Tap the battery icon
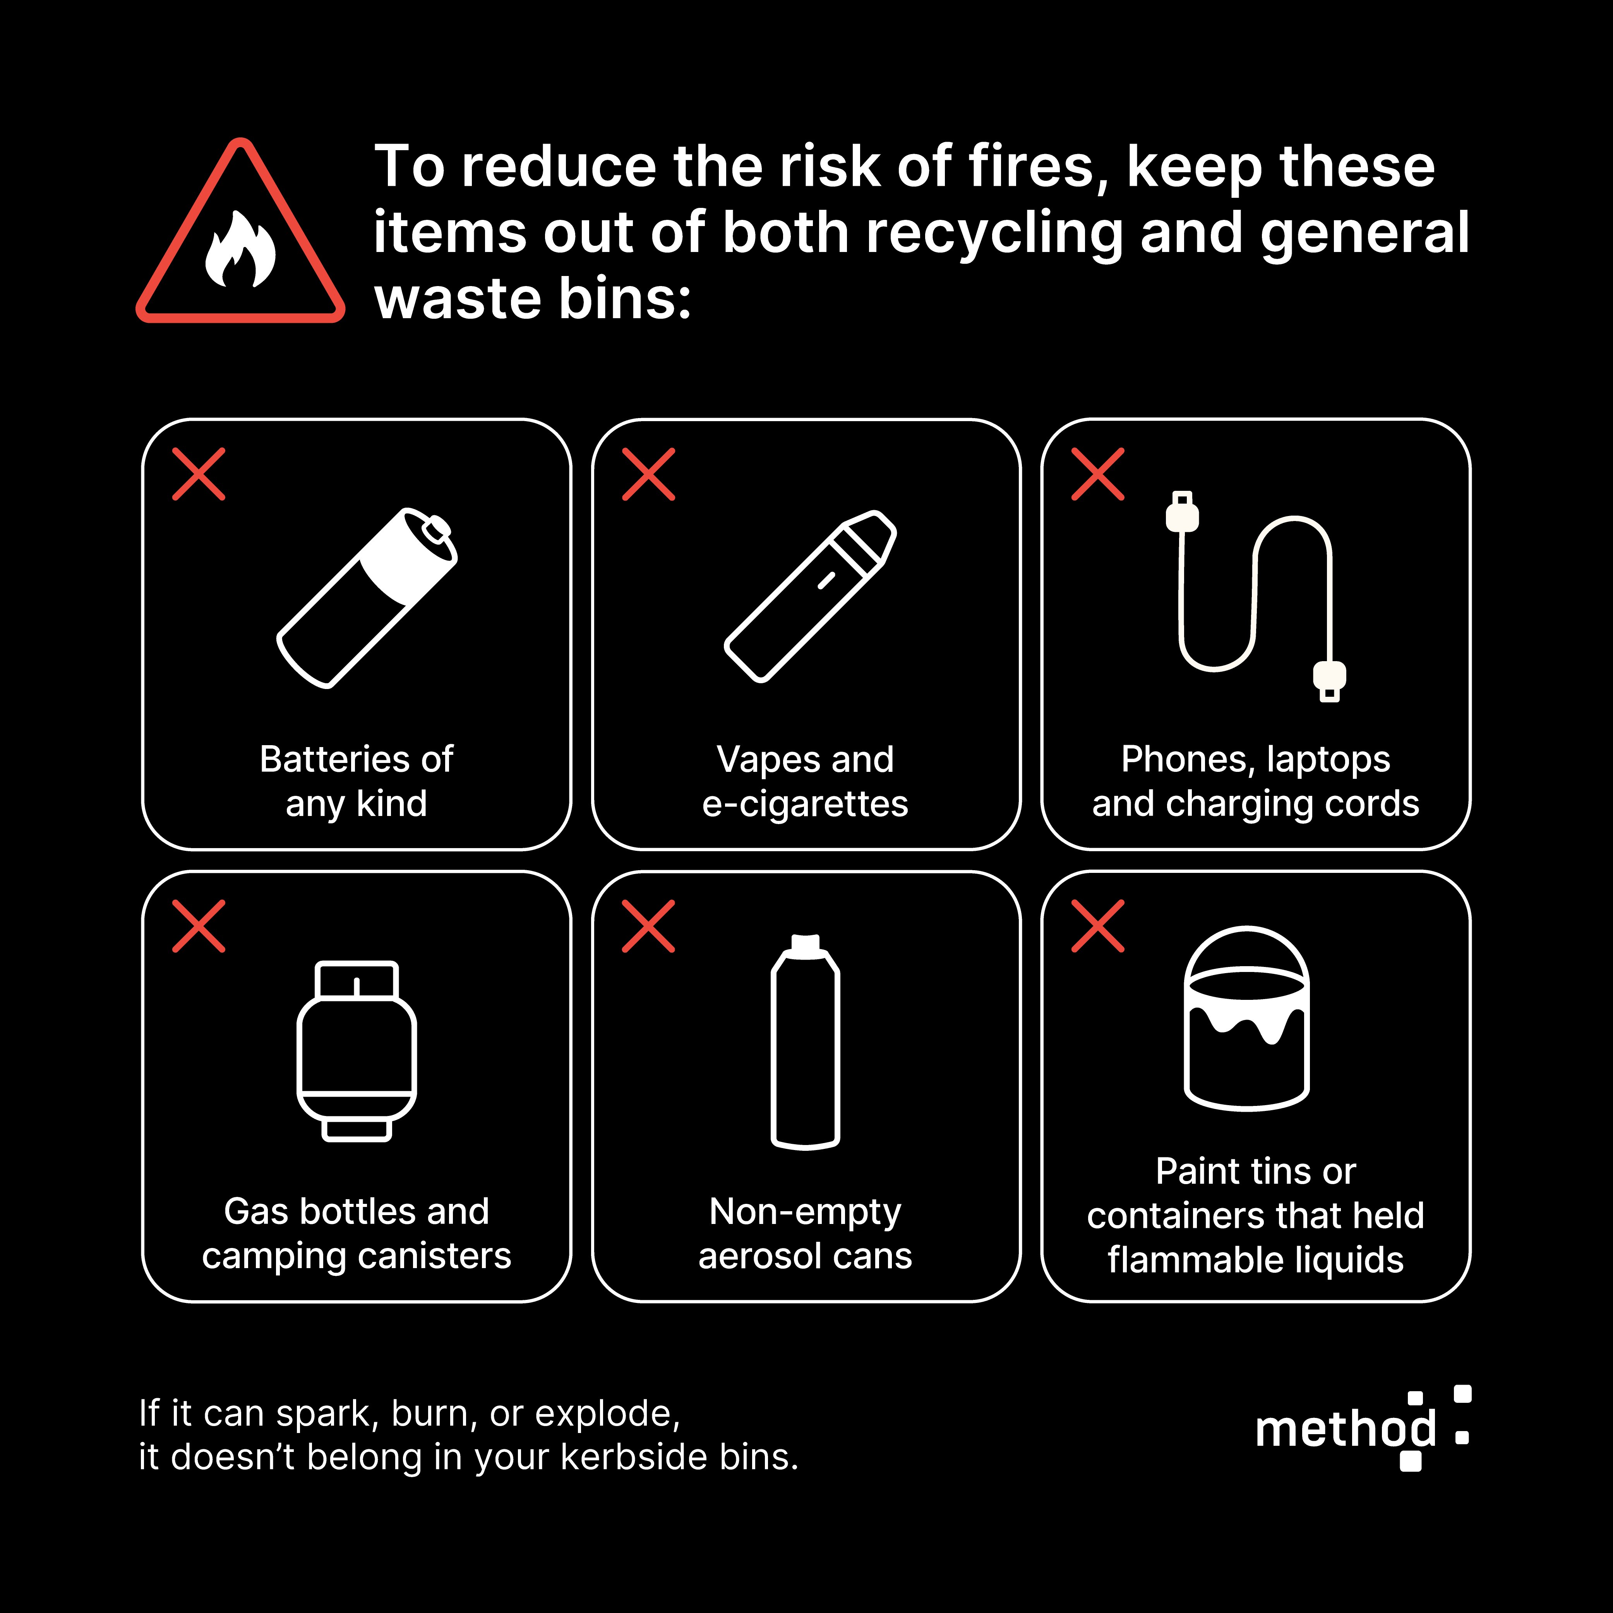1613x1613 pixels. click(x=367, y=598)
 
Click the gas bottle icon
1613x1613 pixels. click(x=357, y=1050)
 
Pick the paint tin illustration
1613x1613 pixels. click(x=1246, y=1018)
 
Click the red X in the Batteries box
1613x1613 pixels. click(x=199, y=474)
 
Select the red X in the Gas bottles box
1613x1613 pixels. click(x=199, y=926)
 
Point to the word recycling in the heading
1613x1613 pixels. click(x=994, y=234)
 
